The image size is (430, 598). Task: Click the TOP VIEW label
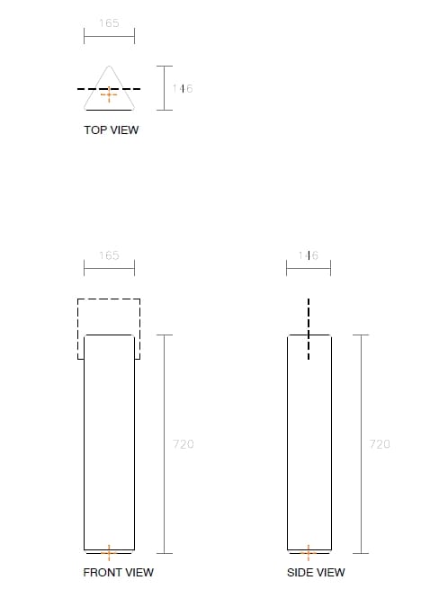click(111, 130)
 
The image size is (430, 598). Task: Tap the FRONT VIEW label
click(118, 572)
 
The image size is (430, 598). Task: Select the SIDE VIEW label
click(315, 572)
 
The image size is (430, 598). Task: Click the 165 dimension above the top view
click(109, 23)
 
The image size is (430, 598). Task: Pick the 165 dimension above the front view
click(109, 255)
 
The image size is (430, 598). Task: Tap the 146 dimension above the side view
click(309, 255)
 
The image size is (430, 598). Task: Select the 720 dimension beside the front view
click(183, 444)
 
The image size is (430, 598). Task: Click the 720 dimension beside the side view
click(380, 444)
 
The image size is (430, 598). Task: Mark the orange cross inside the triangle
click(109, 94)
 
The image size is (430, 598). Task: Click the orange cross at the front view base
click(109, 551)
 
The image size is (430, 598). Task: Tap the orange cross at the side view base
click(309, 551)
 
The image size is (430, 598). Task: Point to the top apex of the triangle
click(109, 66)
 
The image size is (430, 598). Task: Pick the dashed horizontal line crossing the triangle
click(85, 89)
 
